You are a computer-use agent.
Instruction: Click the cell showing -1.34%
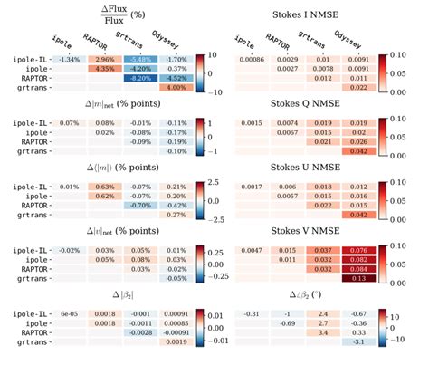click(x=69, y=59)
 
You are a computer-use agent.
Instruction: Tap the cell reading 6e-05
click(x=69, y=312)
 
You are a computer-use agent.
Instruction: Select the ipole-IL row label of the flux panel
click(x=29, y=59)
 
